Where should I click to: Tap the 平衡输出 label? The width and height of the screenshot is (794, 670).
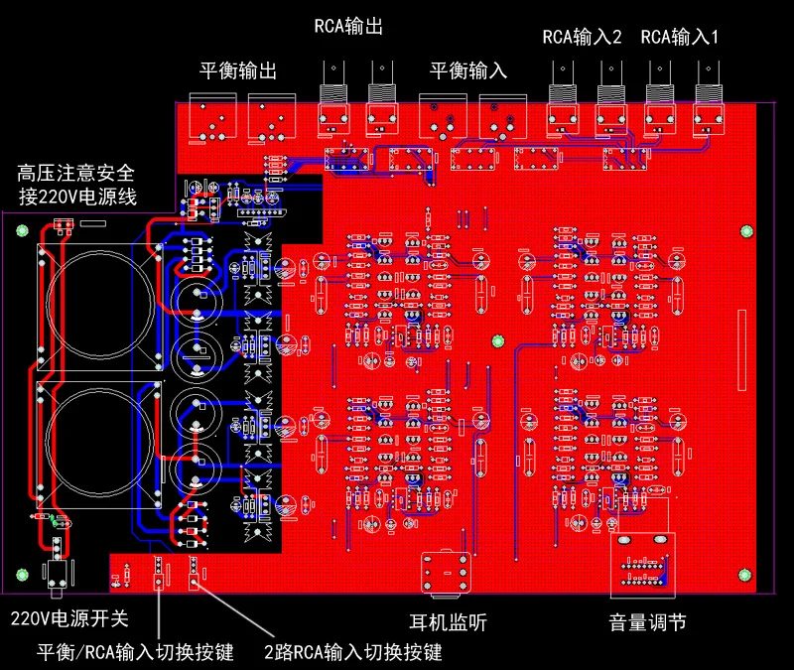point(238,71)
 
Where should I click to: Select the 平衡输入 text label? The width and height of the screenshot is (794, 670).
point(467,71)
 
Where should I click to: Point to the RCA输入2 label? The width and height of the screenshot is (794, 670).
point(582,38)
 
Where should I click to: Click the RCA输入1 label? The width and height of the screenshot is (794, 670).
point(680,38)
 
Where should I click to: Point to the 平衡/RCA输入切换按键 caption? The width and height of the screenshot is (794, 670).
point(135,652)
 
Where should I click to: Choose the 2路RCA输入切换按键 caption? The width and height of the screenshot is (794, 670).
point(352,652)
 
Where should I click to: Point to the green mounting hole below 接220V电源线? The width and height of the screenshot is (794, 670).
point(23,231)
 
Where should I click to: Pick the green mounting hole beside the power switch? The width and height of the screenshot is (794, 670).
point(23,575)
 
